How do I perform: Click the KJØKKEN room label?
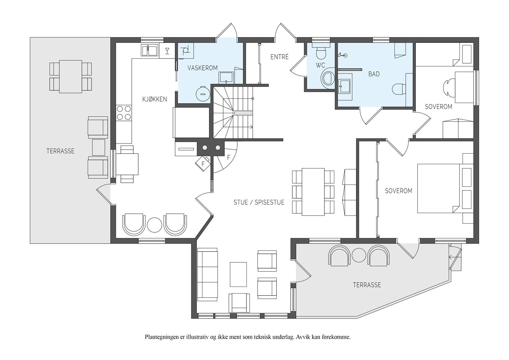coord(155,99)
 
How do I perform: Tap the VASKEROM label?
coord(202,68)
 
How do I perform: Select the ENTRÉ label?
coord(279,57)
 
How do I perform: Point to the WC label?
coord(320,65)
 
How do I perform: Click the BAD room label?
coord(374,74)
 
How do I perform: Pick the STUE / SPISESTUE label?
coord(259,202)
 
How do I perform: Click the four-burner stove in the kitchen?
coord(124,113)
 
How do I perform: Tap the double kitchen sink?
coord(149,50)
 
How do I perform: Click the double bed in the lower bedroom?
coord(446,188)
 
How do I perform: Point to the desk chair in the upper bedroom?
coord(449,88)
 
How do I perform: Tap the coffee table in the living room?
coord(238,274)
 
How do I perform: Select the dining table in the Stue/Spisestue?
coord(313,192)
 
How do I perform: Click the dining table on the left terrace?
coord(71,77)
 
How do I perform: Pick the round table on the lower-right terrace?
coord(359,255)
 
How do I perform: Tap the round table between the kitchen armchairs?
coord(155,225)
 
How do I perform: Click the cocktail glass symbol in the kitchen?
coord(167,51)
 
